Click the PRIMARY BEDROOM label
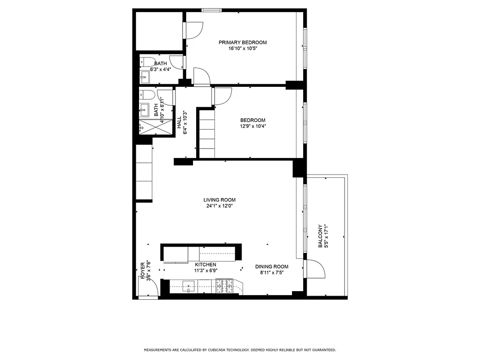tap(242, 43)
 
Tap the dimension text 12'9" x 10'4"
tap(252, 126)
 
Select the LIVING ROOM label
tap(219, 200)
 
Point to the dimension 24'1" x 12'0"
tap(219, 206)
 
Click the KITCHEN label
tap(205, 265)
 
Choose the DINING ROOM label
tap(271, 266)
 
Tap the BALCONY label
tap(320, 236)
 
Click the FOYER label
tap(143, 270)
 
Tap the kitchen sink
tap(188, 286)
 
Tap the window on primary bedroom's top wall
tap(211, 10)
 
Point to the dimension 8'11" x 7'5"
tap(271, 272)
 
